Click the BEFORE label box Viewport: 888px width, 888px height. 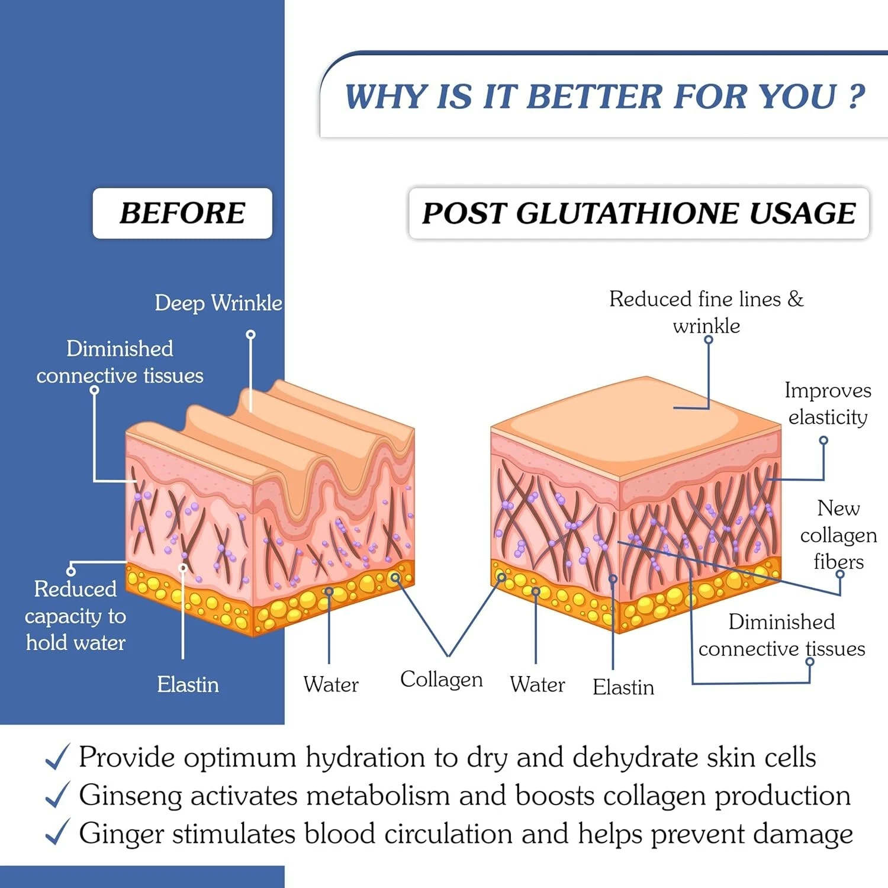click(x=182, y=213)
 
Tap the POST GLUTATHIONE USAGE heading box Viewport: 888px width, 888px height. click(x=638, y=214)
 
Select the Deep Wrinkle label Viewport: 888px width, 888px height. click(x=218, y=303)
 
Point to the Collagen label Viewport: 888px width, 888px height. click(x=441, y=679)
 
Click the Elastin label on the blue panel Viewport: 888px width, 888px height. click(x=188, y=684)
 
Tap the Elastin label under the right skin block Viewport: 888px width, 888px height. click(x=623, y=687)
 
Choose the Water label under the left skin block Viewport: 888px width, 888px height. click(x=330, y=684)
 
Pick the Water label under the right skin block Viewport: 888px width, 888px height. click(x=537, y=684)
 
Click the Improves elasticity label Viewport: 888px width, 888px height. click(x=828, y=404)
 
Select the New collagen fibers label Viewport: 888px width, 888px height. click(x=838, y=535)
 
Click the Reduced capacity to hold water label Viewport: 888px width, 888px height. click(x=75, y=616)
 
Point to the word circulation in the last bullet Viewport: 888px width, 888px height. click(x=448, y=834)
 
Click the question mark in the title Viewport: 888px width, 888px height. click(x=856, y=96)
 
